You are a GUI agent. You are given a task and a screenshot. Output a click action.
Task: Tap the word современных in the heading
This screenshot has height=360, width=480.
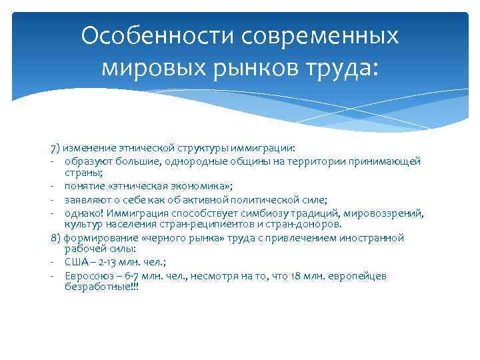pos(317,35)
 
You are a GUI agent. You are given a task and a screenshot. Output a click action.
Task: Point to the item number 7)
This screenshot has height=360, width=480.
pos(55,147)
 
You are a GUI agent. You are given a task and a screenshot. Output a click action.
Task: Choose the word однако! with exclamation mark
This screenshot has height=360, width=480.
pos(84,213)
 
